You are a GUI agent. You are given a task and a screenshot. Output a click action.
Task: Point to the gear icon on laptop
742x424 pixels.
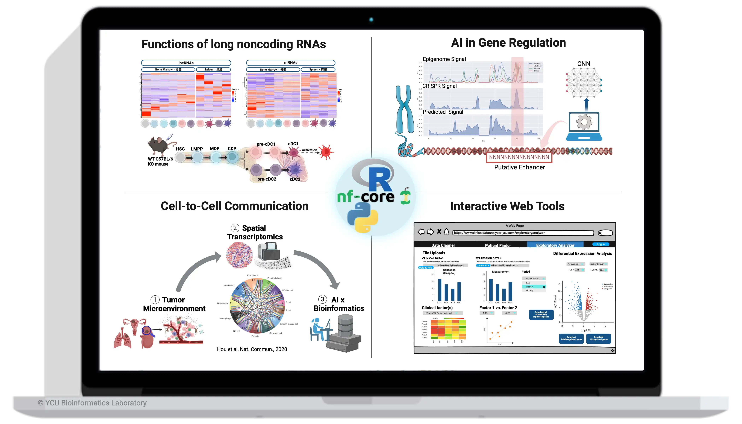tap(584, 122)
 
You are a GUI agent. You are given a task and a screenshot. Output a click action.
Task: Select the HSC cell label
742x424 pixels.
tap(180, 149)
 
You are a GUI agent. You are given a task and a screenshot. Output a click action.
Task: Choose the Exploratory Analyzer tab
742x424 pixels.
tap(555, 245)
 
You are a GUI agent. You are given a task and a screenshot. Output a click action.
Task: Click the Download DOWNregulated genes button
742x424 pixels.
tap(571, 338)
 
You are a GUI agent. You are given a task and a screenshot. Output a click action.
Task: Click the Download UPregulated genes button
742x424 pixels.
tap(598, 338)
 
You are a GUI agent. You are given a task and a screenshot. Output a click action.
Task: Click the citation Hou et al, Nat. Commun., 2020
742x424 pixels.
tap(252, 349)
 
